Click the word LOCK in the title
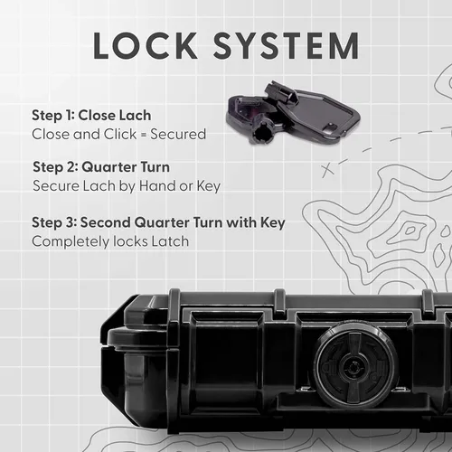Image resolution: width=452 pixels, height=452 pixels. (146, 45)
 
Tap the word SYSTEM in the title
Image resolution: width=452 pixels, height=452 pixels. (287, 45)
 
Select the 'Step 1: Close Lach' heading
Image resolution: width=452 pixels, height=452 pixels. (91, 116)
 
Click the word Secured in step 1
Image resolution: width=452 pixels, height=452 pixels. (178, 135)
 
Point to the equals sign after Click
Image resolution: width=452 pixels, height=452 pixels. (144, 135)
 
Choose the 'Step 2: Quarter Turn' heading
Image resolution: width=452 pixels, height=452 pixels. (101, 167)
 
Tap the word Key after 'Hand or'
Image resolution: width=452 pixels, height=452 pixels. (209, 186)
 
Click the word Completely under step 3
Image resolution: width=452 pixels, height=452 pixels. (71, 242)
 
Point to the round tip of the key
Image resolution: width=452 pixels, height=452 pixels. (260, 134)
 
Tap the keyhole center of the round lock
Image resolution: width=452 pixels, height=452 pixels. (353, 367)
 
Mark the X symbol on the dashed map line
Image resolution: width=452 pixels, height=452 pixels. (328, 171)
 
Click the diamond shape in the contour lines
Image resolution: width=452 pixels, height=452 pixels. (410, 231)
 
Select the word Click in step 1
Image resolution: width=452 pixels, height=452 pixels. (120, 135)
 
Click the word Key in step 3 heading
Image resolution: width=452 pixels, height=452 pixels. (273, 223)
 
